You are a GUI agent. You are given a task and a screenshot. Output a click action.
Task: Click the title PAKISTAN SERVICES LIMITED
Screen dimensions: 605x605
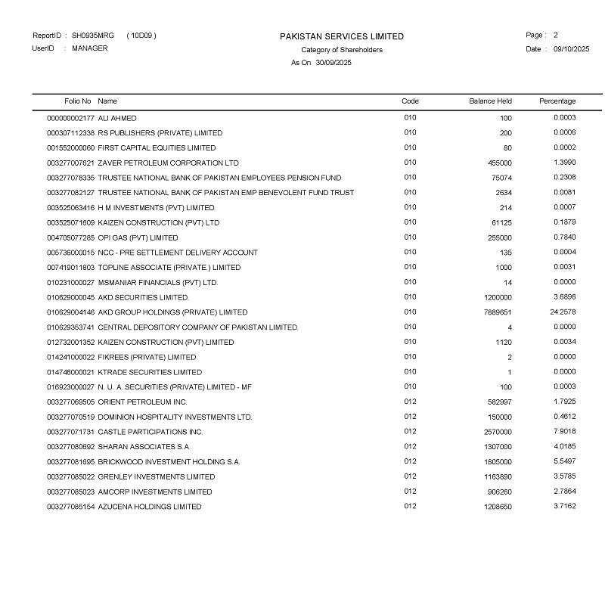coord(342,36)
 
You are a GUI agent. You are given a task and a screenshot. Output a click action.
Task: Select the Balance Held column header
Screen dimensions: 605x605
coord(490,101)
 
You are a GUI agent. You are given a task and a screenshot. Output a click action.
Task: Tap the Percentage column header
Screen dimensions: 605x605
coord(557,101)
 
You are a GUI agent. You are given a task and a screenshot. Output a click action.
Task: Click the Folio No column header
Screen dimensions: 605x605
coord(78,101)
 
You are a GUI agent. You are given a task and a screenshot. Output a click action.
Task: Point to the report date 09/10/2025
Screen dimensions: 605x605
coord(571,49)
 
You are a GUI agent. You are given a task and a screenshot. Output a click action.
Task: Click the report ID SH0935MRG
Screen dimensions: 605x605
coord(93,36)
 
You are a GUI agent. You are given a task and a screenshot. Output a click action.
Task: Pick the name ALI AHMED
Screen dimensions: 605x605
coord(117,118)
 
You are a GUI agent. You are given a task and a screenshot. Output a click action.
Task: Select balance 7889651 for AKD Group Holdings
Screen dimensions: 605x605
coord(497,312)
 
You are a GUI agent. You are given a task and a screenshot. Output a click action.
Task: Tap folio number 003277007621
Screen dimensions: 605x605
coord(71,163)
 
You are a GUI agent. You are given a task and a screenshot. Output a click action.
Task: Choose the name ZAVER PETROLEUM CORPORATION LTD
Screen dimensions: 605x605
coord(168,163)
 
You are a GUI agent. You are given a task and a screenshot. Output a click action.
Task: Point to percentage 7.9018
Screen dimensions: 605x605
coord(564,431)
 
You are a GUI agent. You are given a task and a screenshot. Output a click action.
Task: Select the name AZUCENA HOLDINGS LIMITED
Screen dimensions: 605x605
coord(150,507)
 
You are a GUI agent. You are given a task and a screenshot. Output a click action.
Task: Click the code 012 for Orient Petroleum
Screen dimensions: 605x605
coord(410,402)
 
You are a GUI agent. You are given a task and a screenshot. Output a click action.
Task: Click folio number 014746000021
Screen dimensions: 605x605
coord(71,372)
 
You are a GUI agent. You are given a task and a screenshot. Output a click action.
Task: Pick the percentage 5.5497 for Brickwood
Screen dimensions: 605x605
coord(564,461)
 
